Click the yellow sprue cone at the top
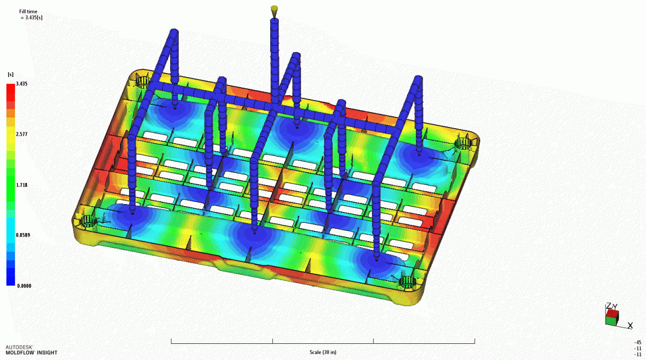[x=275, y=10]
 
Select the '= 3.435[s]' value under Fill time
[x=31, y=18]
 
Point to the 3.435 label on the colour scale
[x=22, y=84]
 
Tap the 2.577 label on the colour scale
[x=22, y=134]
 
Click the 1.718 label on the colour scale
[x=22, y=185]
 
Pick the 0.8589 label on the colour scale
[x=23, y=235]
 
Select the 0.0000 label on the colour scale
[x=23, y=286]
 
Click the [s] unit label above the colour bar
[x=10, y=74]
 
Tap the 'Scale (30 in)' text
[x=323, y=352]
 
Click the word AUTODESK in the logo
[x=17, y=347]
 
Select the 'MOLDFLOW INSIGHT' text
[x=31, y=353]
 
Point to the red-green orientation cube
[x=612, y=316]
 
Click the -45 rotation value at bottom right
[x=638, y=342]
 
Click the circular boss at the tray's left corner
[x=87, y=221]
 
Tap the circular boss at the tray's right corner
[x=463, y=143]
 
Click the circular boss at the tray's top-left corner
[x=143, y=82]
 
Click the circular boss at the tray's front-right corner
[x=405, y=281]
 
